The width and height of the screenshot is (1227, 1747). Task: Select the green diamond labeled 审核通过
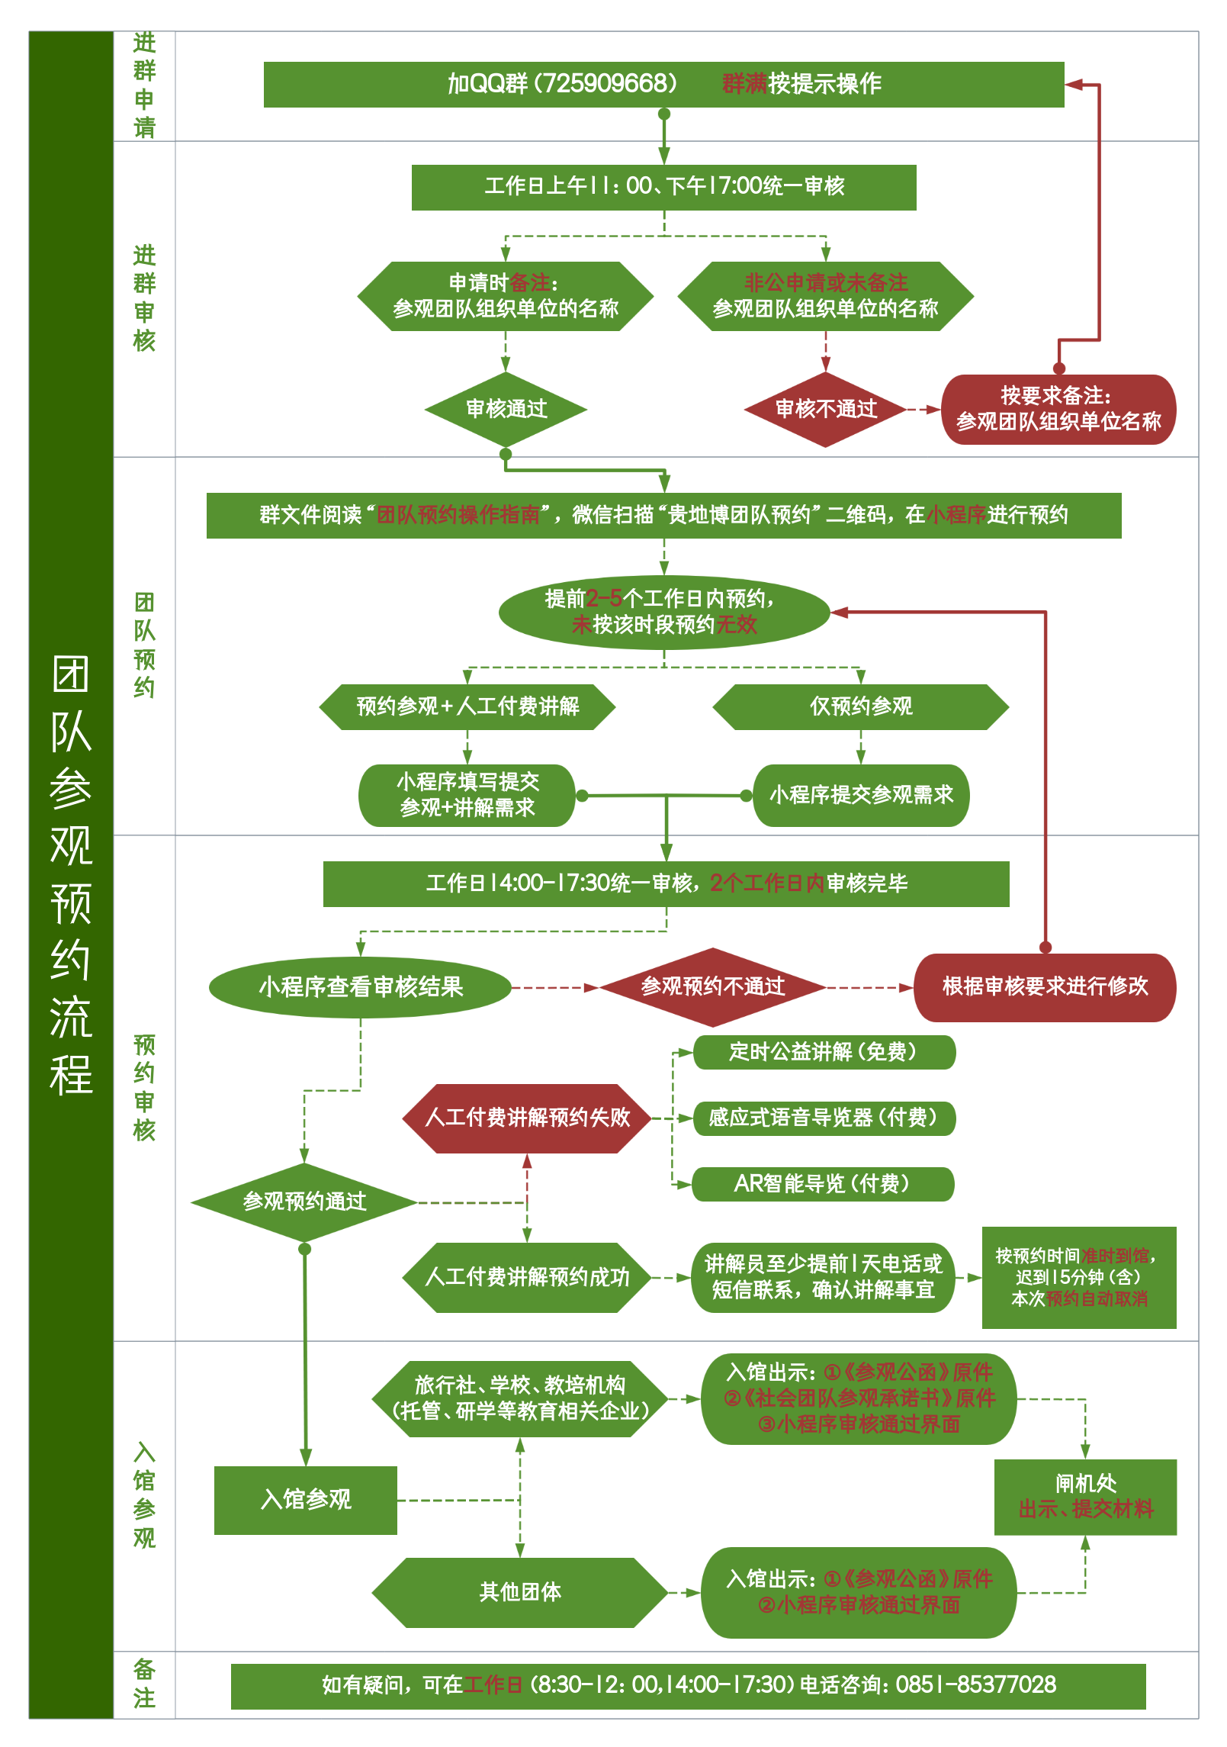506,409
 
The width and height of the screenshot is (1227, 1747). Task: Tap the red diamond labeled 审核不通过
825,409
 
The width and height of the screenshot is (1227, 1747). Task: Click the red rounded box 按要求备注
1058,409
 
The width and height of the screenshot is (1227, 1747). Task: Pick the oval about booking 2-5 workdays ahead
663,612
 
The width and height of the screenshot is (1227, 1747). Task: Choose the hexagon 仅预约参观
860,706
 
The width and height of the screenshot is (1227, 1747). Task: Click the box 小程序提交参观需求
861,795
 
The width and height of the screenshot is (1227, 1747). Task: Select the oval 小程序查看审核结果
361,987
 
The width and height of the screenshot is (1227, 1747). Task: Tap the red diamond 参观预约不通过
712,986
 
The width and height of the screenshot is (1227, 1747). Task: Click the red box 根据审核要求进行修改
1045,986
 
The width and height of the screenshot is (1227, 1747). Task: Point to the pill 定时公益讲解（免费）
824,1052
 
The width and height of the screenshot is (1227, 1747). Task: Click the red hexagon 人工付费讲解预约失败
527,1118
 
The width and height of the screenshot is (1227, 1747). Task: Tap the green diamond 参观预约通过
304,1202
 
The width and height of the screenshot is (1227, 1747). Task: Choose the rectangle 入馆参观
306,1499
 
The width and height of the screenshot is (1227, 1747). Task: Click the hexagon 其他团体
520,1592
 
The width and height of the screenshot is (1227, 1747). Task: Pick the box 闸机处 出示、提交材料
1085,1496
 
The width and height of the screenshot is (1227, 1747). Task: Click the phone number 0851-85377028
975,1684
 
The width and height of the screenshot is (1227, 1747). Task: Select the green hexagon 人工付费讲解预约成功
527,1277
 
